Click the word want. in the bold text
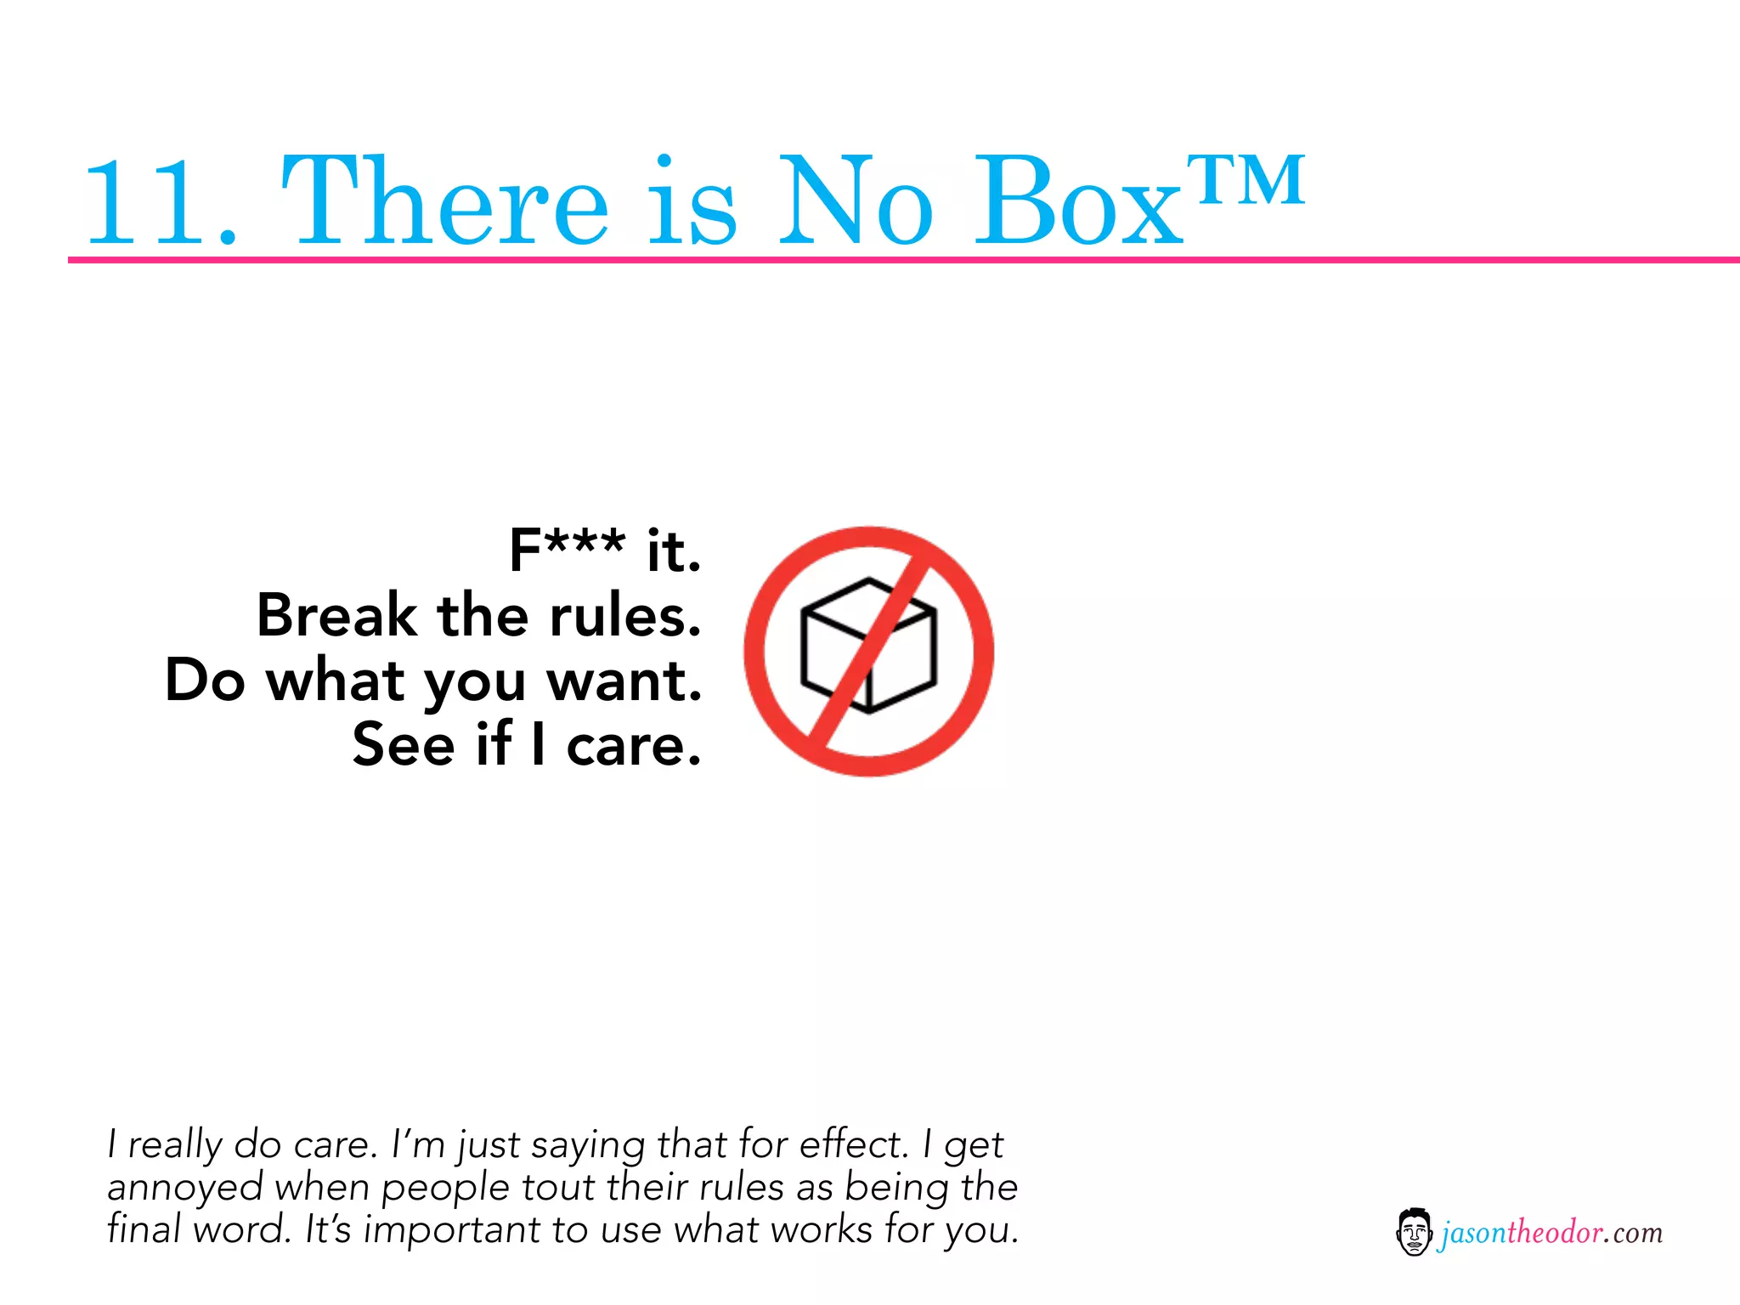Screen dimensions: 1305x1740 click(x=624, y=681)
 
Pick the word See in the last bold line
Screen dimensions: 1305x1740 click(x=404, y=744)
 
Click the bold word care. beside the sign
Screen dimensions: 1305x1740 click(x=634, y=745)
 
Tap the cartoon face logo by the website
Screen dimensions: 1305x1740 click(x=1413, y=1232)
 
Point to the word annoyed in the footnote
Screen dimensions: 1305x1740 click(x=185, y=1188)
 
